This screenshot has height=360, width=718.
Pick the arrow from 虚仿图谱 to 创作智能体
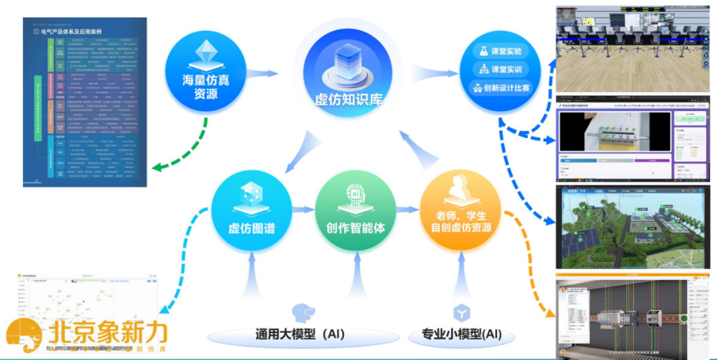[304, 210]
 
